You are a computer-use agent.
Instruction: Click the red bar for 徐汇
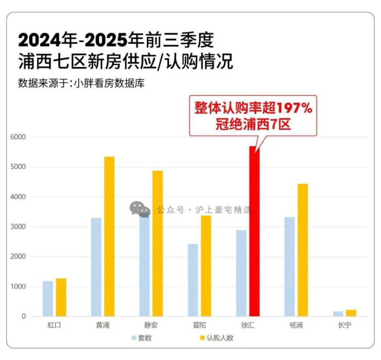point(254,232)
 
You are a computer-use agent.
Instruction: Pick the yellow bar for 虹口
point(61,297)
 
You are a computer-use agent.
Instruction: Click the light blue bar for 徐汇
point(241,273)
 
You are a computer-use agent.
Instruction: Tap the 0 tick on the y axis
point(23,317)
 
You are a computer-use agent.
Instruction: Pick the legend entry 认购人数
point(216,338)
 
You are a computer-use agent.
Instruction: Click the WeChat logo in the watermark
point(140,209)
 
